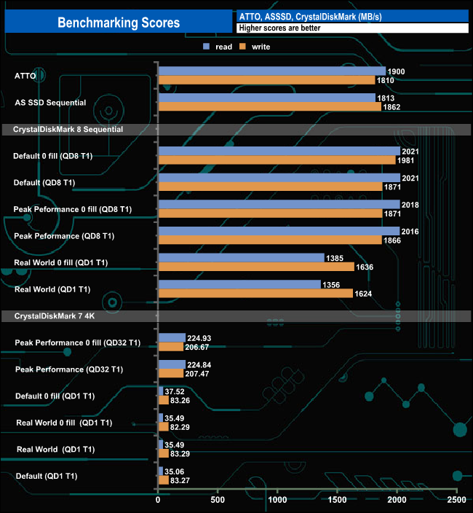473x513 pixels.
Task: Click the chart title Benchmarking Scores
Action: (119, 23)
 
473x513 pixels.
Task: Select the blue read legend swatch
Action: (207, 47)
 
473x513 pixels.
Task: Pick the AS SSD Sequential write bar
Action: (269, 106)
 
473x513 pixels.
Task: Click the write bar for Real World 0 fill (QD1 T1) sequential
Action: (255, 267)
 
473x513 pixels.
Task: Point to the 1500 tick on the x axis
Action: (337, 501)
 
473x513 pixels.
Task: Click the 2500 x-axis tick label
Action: (456, 501)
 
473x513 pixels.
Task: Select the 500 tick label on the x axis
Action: (218, 501)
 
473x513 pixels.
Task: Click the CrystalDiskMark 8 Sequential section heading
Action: (63, 129)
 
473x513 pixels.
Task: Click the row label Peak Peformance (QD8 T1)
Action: (64, 236)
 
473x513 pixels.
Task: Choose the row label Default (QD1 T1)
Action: (46, 476)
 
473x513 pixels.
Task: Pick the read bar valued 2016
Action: (278, 232)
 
